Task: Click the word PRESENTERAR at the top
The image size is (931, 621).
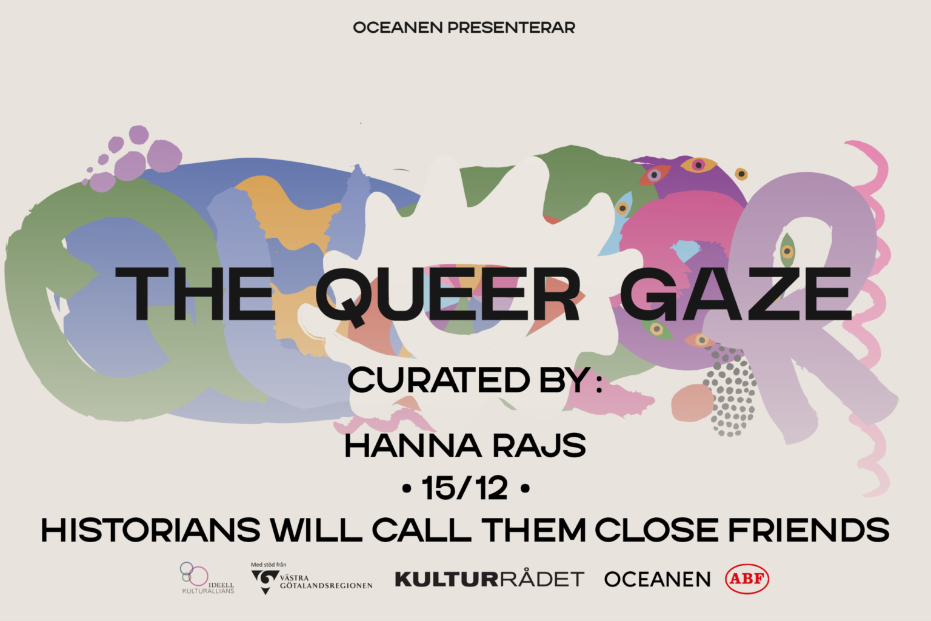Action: pos(511,27)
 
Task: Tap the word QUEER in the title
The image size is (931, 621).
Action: pos(448,295)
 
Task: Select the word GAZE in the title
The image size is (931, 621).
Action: pos(736,294)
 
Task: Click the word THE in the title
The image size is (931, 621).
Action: pos(195,294)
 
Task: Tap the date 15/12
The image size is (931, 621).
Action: pos(465,488)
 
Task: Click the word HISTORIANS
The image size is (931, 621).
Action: pos(150,530)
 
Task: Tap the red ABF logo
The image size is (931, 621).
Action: pos(747,579)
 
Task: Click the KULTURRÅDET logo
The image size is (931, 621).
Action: pos(490,579)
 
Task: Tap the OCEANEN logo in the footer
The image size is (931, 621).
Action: pos(657,579)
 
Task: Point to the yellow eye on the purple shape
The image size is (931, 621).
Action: pos(699,165)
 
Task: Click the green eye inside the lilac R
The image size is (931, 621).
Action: pos(787,250)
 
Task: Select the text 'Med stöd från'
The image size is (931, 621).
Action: pos(269,565)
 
